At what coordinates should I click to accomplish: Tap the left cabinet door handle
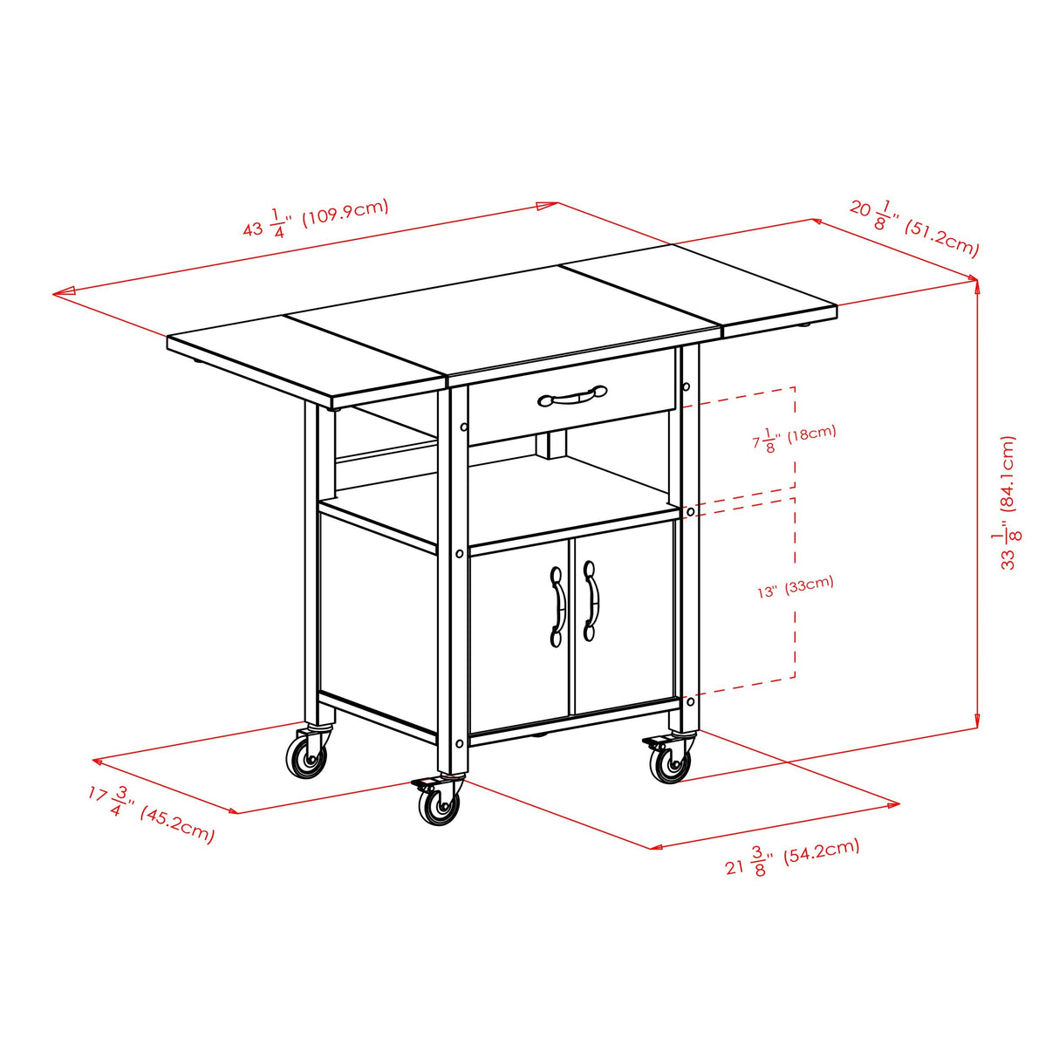[557, 605]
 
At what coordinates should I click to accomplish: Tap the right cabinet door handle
[591, 601]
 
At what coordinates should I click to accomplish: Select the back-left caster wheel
[307, 755]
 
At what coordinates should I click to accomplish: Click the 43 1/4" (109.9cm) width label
[316, 218]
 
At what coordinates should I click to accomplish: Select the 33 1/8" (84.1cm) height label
[1008, 502]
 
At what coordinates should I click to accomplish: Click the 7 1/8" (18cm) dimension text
[794, 438]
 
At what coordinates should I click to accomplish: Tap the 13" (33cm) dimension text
[796, 587]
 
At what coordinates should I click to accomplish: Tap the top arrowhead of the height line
[976, 284]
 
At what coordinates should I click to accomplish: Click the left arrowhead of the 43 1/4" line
[59, 293]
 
